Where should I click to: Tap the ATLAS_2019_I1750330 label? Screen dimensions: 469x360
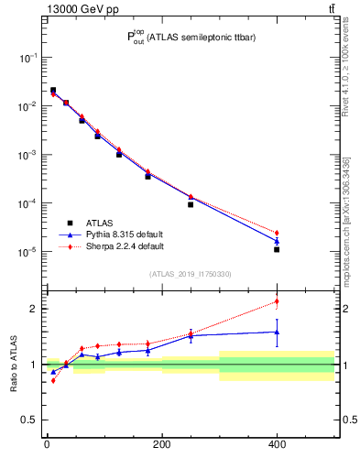click(x=191, y=274)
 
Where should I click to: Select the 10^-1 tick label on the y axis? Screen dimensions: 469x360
click(x=28, y=58)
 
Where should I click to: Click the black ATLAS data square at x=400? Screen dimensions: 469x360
click(x=277, y=249)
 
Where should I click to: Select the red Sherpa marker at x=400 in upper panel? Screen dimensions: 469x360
click(x=277, y=233)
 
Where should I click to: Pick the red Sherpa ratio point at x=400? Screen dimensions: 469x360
click(x=277, y=301)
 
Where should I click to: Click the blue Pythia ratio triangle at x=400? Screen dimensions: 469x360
click(x=277, y=332)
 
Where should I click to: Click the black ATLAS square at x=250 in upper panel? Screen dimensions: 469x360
click(x=191, y=204)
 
